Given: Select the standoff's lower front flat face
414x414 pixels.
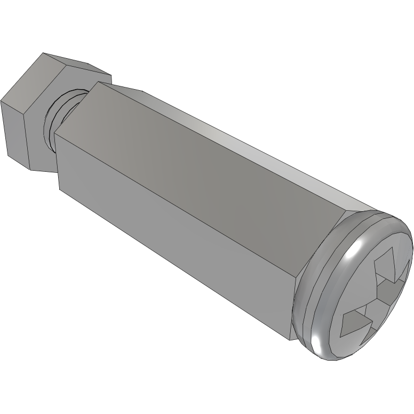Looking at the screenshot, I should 171,235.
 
